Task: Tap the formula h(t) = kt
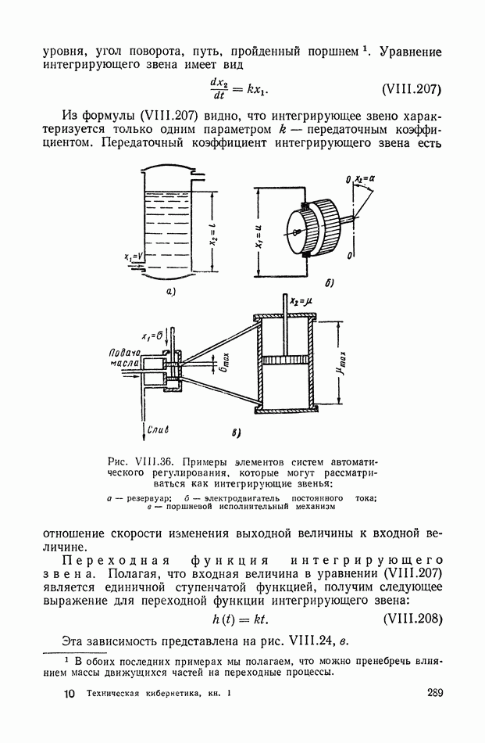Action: (x=241, y=619)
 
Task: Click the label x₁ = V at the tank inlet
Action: (x=133, y=256)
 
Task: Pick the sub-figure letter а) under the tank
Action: (x=169, y=292)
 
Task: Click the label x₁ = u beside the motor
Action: (x=258, y=232)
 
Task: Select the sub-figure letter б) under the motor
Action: (x=329, y=282)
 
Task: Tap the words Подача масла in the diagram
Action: (x=124, y=359)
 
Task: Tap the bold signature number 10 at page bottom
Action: (x=68, y=694)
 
